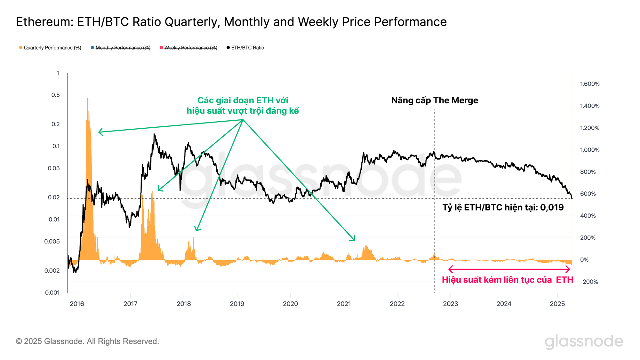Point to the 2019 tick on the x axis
pyautogui.click(x=237, y=304)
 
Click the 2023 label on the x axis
pyautogui.click(x=451, y=304)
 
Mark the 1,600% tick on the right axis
pyautogui.click(x=590, y=84)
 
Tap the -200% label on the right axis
pyautogui.click(x=589, y=282)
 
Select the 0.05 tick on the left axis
pyautogui.click(x=54, y=168)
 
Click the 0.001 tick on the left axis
pyautogui.click(x=52, y=292)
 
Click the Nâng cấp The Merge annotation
pyautogui.click(x=435, y=100)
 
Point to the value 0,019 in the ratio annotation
pyautogui.click(x=552, y=207)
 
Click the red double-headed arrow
pyautogui.click(x=509, y=269)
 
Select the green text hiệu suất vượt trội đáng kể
pyautogui.click(x=243, y=111)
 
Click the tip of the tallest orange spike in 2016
pyautogui.click(x=88, y=98)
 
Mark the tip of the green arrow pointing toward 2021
pyautogui.click(x=355, y=240)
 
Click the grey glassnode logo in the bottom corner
pyautogui.click(x=584, y=342)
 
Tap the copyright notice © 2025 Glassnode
pyautogui.click(x=87, y=341)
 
